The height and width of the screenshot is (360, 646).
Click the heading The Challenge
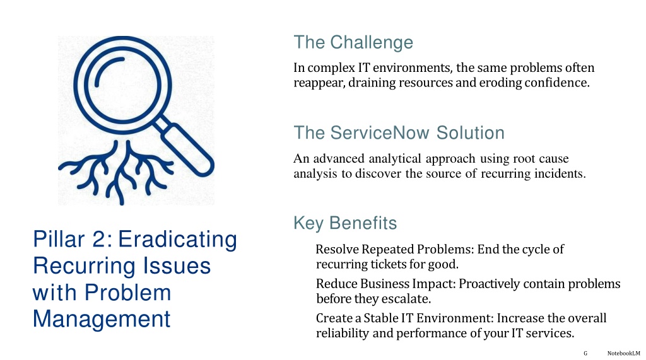coord(353,42)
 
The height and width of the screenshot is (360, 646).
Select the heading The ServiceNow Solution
coord(399,133)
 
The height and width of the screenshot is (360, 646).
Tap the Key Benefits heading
coord(345,223)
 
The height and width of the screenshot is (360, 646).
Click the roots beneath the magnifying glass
coord(116,172)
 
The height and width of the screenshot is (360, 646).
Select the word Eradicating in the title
coord(177,240)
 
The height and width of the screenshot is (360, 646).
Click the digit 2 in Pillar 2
coord(99,240)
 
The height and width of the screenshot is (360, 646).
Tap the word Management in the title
coord(102,319)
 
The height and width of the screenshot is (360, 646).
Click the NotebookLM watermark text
coord(623,354)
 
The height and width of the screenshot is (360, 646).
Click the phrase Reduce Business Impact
coord(385,284)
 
